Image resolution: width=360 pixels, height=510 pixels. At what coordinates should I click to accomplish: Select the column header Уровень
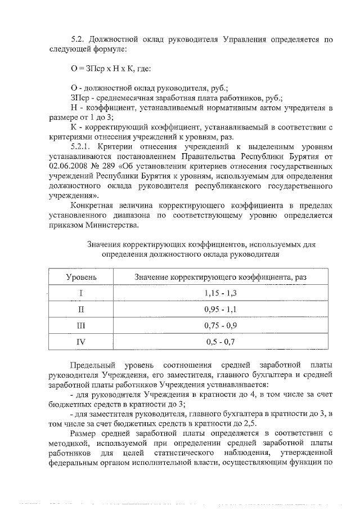[82, 278]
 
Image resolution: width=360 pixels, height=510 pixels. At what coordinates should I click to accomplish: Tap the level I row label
[81, 293]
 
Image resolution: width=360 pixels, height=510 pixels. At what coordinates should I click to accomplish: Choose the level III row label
[81, 325]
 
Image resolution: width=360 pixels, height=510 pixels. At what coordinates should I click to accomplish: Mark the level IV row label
[81, 341]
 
